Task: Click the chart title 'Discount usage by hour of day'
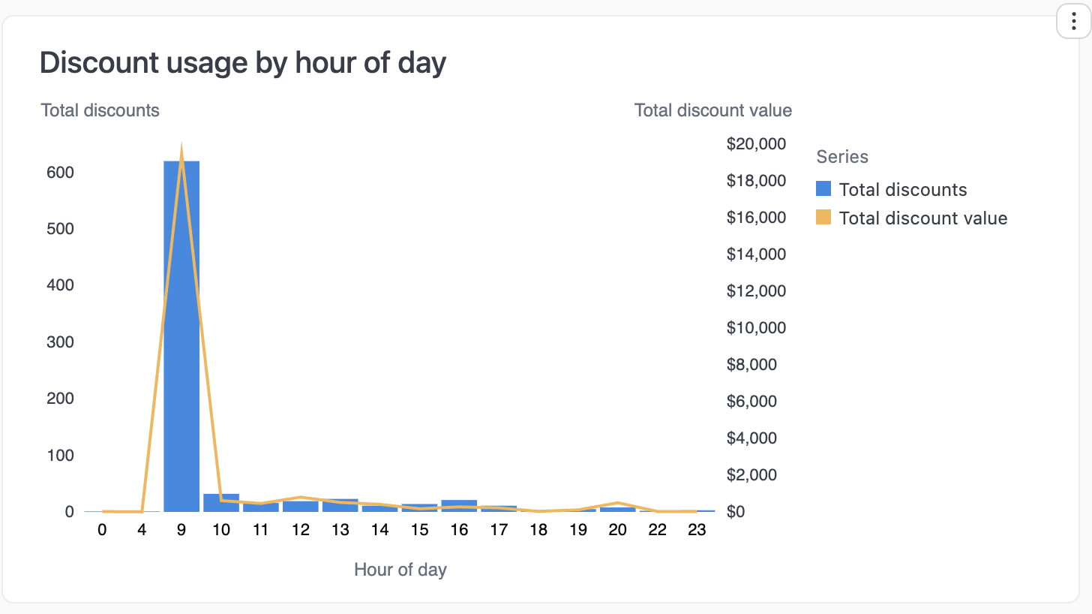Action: (x=242, y=62)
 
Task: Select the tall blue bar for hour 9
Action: (x=181, y=338)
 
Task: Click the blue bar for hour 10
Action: (x=221, y=504)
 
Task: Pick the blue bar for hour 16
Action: (x=459, y=505)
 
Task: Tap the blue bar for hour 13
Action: (x=340, y=505)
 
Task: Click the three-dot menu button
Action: (x=1073, y=22)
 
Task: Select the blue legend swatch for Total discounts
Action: (x=823, y=189)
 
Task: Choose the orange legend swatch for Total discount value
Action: (x=823, y=218)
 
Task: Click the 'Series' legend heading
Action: (x=842, y=157)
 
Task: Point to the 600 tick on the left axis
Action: (x=59, y=172)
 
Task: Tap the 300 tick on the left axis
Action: (x=59, y=342)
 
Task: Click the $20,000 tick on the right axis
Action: (x=756, y=144)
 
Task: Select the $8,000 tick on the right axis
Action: (x=756, y=365)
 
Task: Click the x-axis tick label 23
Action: (x=697, y=530)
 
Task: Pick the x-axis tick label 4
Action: (x=142, y=530)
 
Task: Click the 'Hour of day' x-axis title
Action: (x=400, y=570)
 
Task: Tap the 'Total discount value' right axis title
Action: (x=712, y=110)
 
